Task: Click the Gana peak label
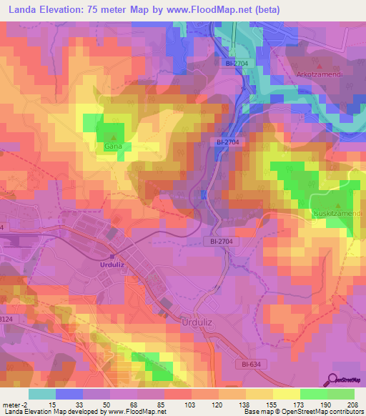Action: coord(112,146)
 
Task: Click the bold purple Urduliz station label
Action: coord(112,264)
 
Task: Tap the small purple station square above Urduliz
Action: coord(112,255)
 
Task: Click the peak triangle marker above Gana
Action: coord(112,137)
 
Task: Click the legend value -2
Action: coord(26,405)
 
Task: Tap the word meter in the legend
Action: coord(13,405)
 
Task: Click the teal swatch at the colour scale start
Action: coord(42,394)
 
